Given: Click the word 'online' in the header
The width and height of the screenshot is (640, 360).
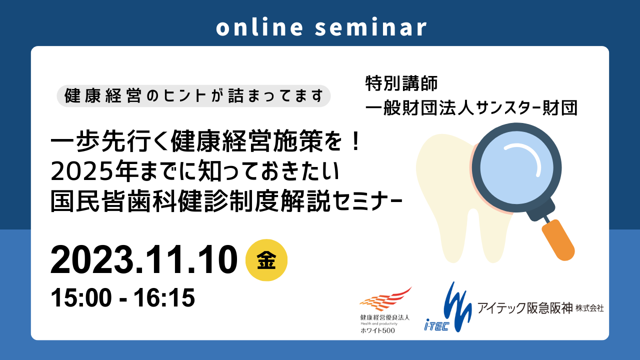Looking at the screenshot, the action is (x=259, y=27).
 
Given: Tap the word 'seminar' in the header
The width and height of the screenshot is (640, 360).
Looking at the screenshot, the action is (x=371, y=27).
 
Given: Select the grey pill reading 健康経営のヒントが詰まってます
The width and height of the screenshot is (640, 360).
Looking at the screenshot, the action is (x=193, y=96).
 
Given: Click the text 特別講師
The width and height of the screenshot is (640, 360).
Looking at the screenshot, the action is (x=401, y=83).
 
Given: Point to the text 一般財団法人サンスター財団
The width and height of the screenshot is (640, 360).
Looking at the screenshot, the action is (x=471, y=107).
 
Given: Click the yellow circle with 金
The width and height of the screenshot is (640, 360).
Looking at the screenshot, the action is (x=266, y=260).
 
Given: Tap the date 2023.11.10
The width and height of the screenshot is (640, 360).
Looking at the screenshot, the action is (x=143, y=260).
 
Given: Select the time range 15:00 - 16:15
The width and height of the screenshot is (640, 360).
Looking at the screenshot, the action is (x=122, y=297).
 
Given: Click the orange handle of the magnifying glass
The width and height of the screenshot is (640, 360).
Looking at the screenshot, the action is (x=558, y=240).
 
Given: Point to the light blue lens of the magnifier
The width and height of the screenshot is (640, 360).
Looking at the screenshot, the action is (x=516, y=167).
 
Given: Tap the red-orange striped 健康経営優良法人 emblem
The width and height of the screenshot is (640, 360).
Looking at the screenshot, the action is (x=385, y=299).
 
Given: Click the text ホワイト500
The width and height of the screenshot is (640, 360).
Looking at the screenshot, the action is (x=377, y=330).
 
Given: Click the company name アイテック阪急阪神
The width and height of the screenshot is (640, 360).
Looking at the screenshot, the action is (x=525, y=308).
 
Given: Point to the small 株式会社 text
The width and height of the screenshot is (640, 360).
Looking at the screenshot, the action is (x=589, y=308).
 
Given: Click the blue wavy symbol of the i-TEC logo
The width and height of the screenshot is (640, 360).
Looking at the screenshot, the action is (x=457, y=307).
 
